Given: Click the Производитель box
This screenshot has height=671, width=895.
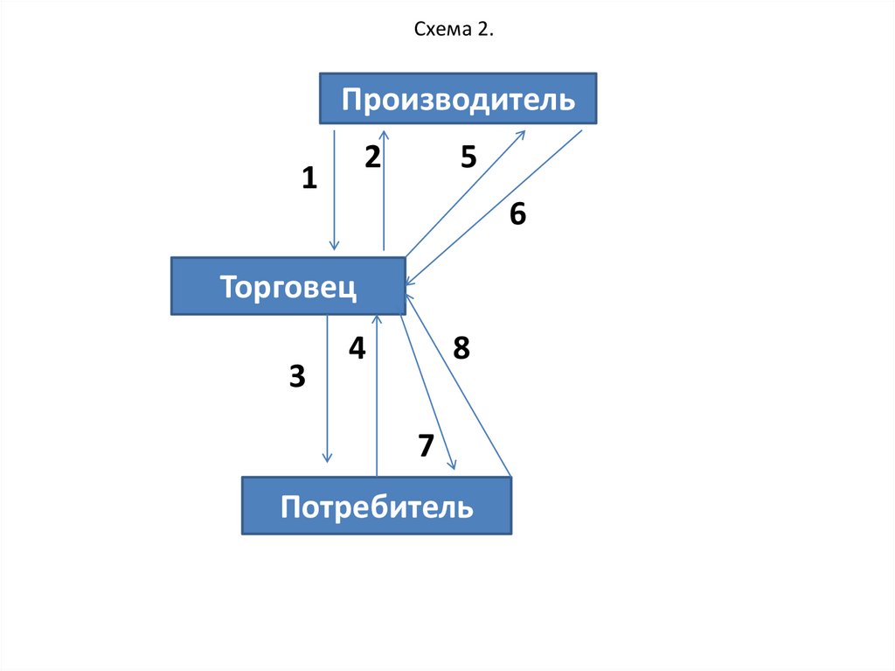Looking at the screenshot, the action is tap(458, 99).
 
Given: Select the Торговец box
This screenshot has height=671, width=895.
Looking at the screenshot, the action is tap(288, 286).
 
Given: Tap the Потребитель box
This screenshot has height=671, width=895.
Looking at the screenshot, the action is tap(376, 506).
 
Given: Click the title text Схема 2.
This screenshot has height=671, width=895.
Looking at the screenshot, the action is tap(454, 31).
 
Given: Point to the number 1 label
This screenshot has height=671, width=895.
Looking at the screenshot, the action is tap(309, 179).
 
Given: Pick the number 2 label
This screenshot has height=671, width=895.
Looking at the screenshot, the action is tap(372, 157).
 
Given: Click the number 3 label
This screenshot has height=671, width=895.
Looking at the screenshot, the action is tap(297, 377).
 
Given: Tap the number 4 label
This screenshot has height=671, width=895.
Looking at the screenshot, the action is tap(357, 349).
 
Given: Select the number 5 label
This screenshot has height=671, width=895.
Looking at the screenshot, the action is tap(468, 157).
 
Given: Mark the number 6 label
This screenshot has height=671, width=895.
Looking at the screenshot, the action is tap(518, 214).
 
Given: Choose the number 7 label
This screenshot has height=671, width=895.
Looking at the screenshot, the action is tap(426, 446).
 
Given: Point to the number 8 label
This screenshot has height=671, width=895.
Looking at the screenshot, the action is tap(461, 349).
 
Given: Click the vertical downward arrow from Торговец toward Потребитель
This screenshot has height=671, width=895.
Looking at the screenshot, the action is tap(327, 389).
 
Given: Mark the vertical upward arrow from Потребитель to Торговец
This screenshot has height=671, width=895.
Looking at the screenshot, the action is tap(377, 394).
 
